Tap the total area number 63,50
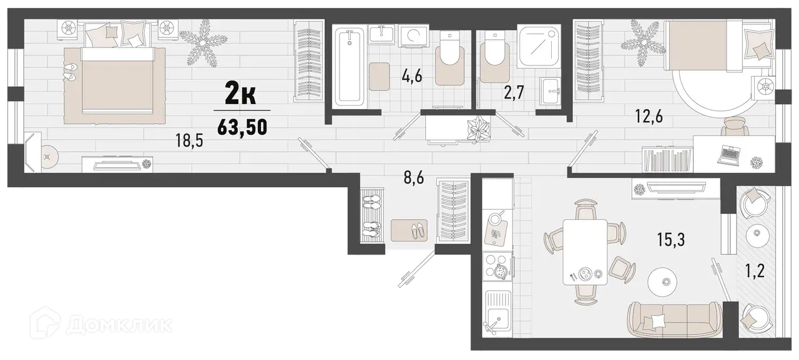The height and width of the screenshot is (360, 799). click(x=242, y=126)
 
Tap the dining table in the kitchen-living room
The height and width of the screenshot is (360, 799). click(x=585, y=253)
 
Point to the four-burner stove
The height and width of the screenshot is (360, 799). click(x=498, y=267)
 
